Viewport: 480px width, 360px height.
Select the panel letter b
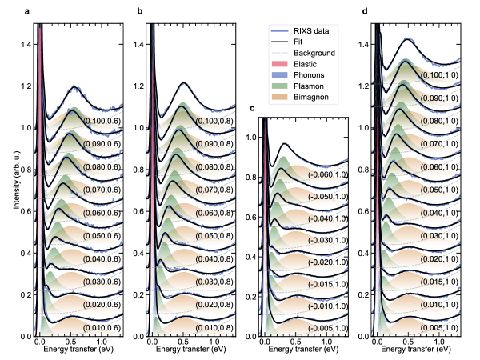pyautogui.click(x=140, y=12)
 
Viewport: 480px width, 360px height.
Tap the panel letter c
pyautogui.click(x=253, y=107)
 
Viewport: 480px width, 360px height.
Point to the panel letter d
pyautogui.click(x=365, y=12)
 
